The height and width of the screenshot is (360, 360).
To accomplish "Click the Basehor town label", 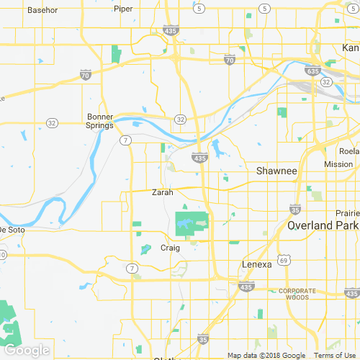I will click(x=42, y=11).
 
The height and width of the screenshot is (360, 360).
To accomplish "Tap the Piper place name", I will click(x=123, y=9).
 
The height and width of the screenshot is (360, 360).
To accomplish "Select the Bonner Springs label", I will click(x=101, y=121).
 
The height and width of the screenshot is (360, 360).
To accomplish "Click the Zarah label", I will click(x=163, y=192).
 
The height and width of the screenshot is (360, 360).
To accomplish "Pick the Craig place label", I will click(x=169, y=248).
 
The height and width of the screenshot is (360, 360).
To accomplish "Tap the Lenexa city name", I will click(x=256, y=264).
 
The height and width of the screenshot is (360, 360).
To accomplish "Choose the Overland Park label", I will click(x=323, y=225).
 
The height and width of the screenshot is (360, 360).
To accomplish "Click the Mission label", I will click(x=338, y=164).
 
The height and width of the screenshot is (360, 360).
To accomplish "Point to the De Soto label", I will click(x=12, y=230).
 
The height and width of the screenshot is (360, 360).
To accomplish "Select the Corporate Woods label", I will click(x=293, y=294).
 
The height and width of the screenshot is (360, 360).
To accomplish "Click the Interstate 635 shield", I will click(x=312, y=71).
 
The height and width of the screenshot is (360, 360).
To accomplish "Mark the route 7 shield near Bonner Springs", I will click(x=125, y=140).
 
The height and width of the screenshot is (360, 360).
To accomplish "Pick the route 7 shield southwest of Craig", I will click(x=132, y=269).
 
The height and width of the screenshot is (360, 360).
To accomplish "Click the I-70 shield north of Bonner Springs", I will click(x=86, y=74).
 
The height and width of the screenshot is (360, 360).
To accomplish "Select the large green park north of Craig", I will click(x=192, y=224).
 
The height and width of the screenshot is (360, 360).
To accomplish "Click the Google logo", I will click(x=26, y=350).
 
